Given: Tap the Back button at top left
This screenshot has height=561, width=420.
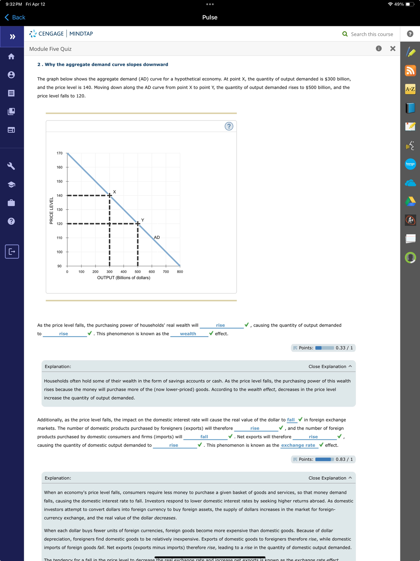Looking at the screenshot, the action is coord(15,18).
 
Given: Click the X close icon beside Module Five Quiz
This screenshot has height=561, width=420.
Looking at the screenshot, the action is coord(393,49).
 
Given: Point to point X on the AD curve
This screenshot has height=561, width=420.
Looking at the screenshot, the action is coord(110,196).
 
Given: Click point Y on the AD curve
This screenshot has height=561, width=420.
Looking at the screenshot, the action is coord(138,224).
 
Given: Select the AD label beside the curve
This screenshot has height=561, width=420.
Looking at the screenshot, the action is coord(157,238).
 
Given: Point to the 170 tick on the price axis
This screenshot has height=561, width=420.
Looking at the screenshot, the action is coord(59,153).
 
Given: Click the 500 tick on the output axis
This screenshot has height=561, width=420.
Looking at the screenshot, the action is coord(138,272).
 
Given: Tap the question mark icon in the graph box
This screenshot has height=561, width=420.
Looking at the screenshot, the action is coord(229,126).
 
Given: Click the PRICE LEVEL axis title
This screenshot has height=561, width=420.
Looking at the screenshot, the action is coord(51,211).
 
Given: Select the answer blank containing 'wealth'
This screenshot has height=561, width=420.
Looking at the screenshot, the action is coord(188,334).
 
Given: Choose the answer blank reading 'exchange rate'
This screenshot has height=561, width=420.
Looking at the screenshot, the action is coord(298,445).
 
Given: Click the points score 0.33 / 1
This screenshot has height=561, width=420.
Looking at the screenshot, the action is coord(344,348).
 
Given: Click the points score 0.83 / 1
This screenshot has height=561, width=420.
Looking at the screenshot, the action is coord(344,459).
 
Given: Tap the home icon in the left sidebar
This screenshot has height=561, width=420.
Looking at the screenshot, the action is coord(12,56).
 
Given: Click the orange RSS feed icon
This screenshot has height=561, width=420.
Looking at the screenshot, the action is coord(410,71).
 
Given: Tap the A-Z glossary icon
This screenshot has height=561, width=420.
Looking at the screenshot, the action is coord(410,89).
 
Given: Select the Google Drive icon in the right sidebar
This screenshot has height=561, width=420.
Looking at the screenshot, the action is coord(410,201).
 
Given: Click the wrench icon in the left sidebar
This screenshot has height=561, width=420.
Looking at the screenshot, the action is coord(12,166).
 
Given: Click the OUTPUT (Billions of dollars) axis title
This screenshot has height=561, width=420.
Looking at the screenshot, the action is coord(124,278).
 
